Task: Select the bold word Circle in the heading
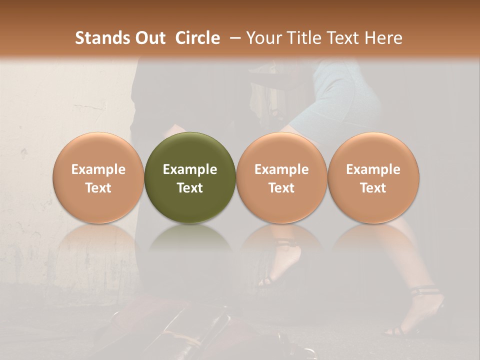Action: tap(197, 38)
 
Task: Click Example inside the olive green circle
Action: tap(190, 169)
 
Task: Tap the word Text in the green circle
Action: tap(190, 188)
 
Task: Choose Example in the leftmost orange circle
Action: tap(98, 169)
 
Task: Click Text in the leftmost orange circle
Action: tap(98, 188)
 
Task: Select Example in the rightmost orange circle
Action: tap(373, 169)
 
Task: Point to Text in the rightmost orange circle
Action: tap(373, 188)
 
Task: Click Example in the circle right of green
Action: tap(281, 169)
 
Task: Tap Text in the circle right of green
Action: tap(281, 188)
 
